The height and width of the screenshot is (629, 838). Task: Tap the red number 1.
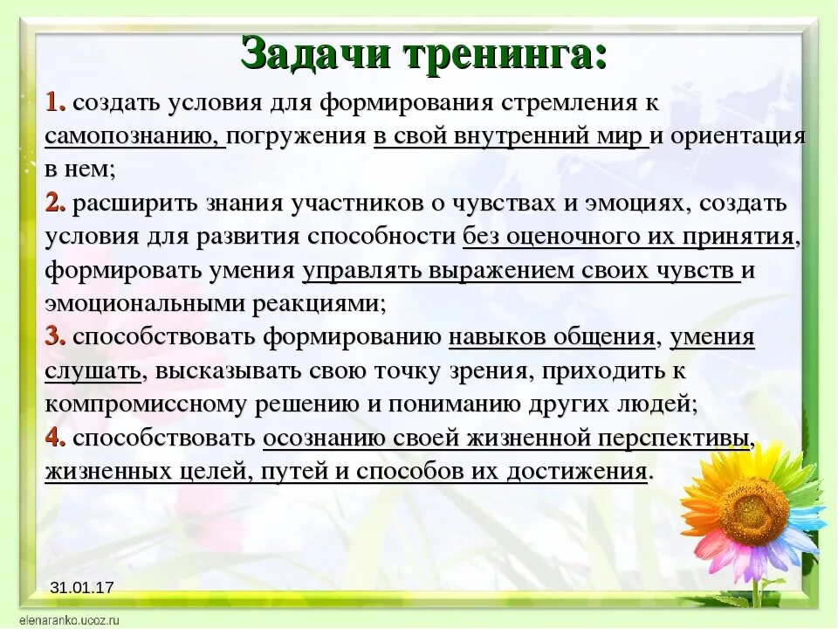coord(54,103)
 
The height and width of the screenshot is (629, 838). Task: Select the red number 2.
coord(55,204)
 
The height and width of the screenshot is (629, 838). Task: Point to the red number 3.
coord(55,337)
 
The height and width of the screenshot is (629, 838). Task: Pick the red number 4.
coord(55,438)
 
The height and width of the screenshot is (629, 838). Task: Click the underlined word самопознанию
coord(134,137)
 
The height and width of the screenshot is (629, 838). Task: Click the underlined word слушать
coord(93,371)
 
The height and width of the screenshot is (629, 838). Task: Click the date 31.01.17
coord(82,588)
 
